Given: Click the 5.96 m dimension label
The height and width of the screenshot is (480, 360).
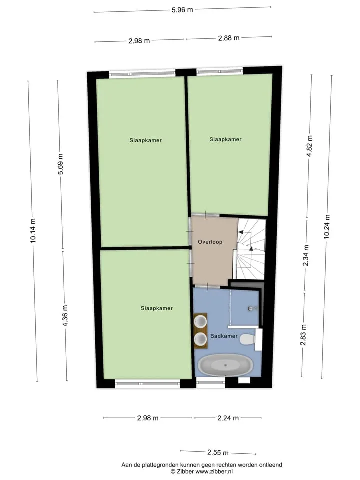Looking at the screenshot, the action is [x=182, y=10].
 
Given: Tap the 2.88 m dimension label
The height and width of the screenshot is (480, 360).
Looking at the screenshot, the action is [x=229, y=38].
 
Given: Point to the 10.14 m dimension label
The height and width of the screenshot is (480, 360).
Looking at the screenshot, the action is [x=33, y=231].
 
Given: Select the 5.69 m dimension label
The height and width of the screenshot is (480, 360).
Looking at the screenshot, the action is [x=60, y=164].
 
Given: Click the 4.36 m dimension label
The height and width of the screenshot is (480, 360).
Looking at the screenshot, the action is [x=65, y=316].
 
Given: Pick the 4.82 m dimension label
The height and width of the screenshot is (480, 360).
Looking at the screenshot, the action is [x=309, y=146].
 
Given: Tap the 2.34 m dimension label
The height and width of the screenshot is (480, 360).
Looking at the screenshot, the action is [x=306, y=255].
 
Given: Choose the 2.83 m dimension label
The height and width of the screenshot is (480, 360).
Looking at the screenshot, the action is [x=303, y=335].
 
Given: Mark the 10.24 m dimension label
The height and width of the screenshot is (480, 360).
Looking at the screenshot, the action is [x=327, y=227].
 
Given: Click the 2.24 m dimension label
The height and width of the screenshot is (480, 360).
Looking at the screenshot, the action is [x=228, y=418].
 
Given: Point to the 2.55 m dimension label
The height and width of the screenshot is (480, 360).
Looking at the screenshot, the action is [x=218, y=453].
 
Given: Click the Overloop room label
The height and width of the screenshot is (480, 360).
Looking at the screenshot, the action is [x=210, y=242].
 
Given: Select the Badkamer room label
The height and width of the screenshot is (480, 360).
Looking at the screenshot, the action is [x=224, y=336].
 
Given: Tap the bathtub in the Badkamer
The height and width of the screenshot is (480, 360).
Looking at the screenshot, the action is [x=226, y=365].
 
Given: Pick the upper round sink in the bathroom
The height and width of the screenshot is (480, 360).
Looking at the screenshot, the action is [x=201, y=321].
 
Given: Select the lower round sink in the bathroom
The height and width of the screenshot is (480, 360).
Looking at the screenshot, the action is [x=201, y=339].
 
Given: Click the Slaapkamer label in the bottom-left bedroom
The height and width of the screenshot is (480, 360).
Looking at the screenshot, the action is [x=157, y=308].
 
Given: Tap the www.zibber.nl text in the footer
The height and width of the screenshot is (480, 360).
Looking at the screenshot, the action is [x=214, y=471].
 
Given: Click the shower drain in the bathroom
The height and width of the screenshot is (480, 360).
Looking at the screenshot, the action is [x=251, y=309].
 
